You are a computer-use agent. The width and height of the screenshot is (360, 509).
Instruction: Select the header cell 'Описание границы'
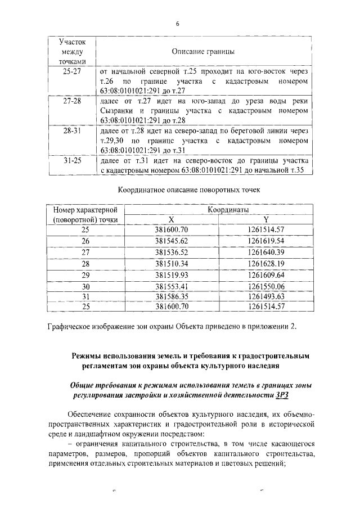(x=202, y=52)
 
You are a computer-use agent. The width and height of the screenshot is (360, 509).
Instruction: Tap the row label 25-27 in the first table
(x=72, y=72)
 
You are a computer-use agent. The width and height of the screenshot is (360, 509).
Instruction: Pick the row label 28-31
(x=72, y=131)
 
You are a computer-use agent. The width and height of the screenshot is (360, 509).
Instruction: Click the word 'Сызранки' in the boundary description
(x=120, y=111)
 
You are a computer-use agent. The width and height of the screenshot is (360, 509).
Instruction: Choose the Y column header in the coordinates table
(x=266, y=219)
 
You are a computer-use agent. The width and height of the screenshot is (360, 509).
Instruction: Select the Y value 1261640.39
(x=266, y=252)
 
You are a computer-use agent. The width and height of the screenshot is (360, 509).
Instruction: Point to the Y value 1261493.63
(x=266, y=296)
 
